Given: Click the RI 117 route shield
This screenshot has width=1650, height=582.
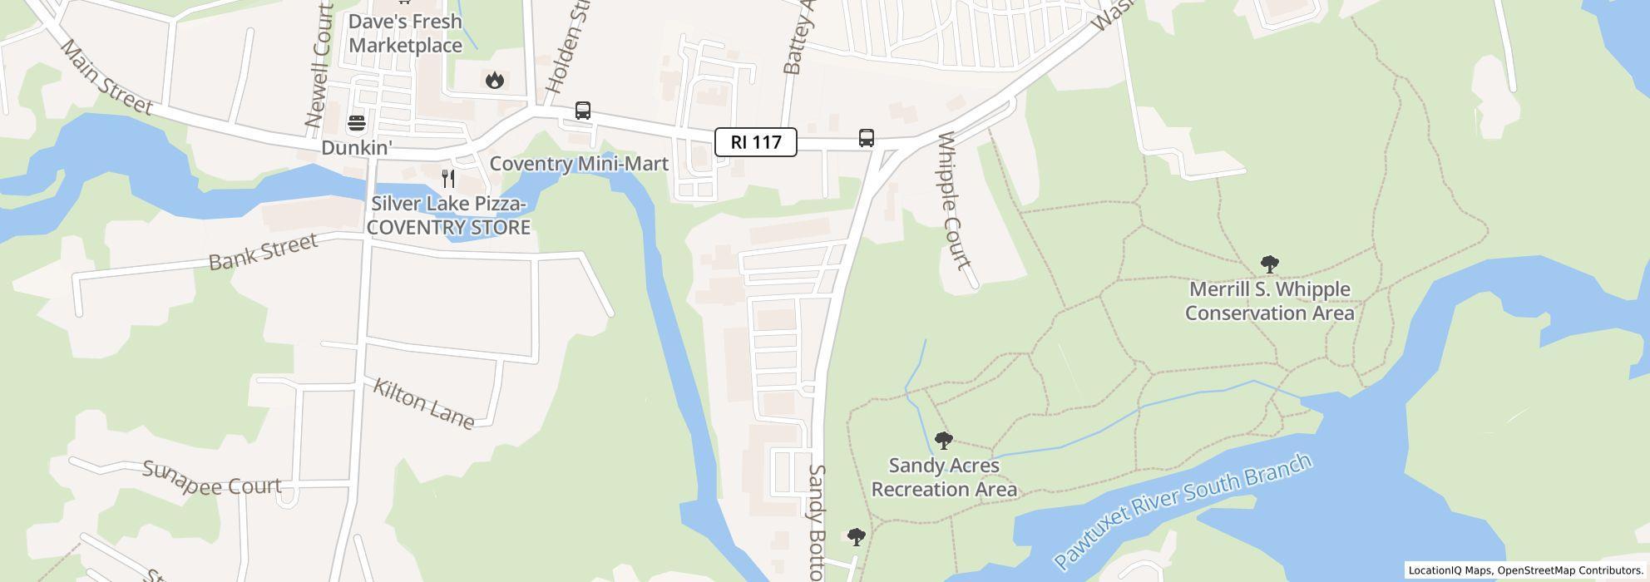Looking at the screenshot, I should [755, 142].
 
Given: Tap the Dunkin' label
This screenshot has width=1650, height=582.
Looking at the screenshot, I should [356, 148].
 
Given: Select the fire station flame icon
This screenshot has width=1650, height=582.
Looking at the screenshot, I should [495, 80].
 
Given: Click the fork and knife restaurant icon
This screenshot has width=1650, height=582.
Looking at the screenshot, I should [448, 178].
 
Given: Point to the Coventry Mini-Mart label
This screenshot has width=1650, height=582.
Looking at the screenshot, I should [579, 164].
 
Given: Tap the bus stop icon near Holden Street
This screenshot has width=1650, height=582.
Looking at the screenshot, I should [583, 111].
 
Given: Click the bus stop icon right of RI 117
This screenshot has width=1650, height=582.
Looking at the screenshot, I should [866, 138].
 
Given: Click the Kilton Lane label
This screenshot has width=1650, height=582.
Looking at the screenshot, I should [423, 404].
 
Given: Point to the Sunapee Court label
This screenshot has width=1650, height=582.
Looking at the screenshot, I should [212, 480].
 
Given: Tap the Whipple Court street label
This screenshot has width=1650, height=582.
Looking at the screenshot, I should [953, 201].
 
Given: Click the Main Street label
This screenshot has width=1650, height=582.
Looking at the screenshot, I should [107, 79].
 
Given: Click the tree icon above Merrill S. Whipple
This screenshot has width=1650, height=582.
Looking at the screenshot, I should [1269, 264].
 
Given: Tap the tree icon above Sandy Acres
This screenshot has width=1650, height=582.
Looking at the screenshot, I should [943, 440].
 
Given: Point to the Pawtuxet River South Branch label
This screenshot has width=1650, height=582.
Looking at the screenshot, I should [1183, 511].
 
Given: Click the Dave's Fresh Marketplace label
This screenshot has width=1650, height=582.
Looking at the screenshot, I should [405, 33].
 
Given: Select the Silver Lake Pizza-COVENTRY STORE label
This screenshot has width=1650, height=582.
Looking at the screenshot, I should [449, 215].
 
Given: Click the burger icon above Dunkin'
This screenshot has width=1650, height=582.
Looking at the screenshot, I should [357, 124].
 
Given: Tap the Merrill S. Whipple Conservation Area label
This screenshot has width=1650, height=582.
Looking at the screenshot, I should [1269, 301].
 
